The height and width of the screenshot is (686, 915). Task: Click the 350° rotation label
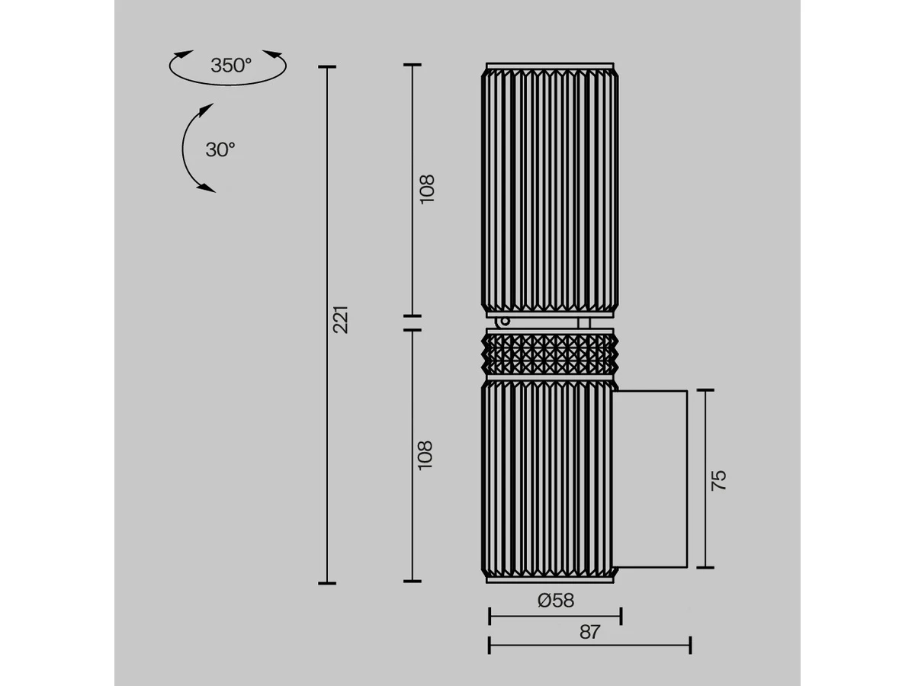(231, 66)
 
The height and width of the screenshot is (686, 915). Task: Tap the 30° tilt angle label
(220, 149)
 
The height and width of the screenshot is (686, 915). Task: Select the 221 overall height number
(341, 319)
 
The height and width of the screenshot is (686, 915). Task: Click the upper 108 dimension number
(427, 189)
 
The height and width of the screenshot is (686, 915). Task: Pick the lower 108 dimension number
(425, 455)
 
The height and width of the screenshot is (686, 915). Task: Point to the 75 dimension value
(718, 480)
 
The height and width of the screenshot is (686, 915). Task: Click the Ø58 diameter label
(556, 600)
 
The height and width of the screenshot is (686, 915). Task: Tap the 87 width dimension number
(589, 632)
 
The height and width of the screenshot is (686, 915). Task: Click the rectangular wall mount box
(650, 479)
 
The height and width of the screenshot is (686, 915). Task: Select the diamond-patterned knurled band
(550, 354)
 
